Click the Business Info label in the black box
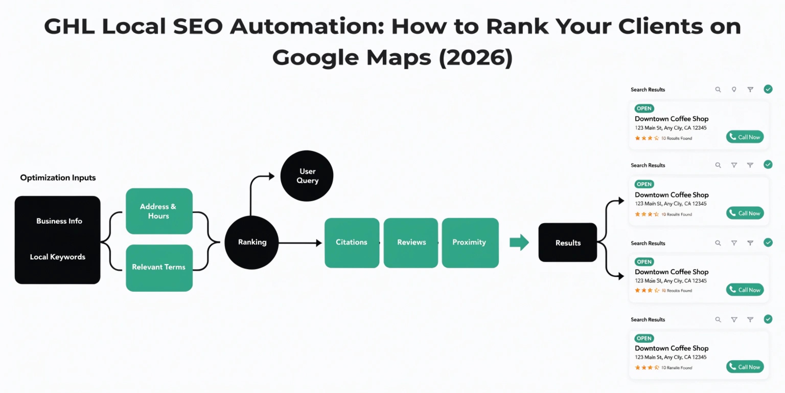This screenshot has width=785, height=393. [59, 221]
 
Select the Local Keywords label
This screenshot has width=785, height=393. [57, 257]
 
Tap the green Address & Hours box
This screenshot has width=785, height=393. [158, 211]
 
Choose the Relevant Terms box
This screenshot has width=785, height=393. [158, 267]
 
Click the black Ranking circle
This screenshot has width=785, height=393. [252, 242]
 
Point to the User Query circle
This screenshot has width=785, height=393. [307, 176]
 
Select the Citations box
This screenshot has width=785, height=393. [352, 243]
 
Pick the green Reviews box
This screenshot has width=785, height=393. [411, 243]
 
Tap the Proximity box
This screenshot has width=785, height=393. [469, 243]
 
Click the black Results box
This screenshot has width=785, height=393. [568, 243]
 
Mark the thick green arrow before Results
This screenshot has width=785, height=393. [519, 242]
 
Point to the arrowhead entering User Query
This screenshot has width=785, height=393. [272, 176]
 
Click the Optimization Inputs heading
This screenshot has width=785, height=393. [58, 178]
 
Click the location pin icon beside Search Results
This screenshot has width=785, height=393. [734, 90]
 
